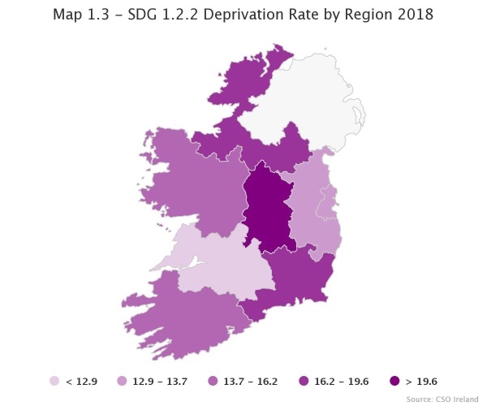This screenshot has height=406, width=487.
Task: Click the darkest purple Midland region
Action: (x=268, y=207)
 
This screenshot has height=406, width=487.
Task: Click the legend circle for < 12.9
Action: (x=54, y=381)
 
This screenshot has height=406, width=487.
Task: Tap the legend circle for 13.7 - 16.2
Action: (x=212, y=381)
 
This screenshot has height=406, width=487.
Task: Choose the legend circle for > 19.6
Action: (x=394, y=381)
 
